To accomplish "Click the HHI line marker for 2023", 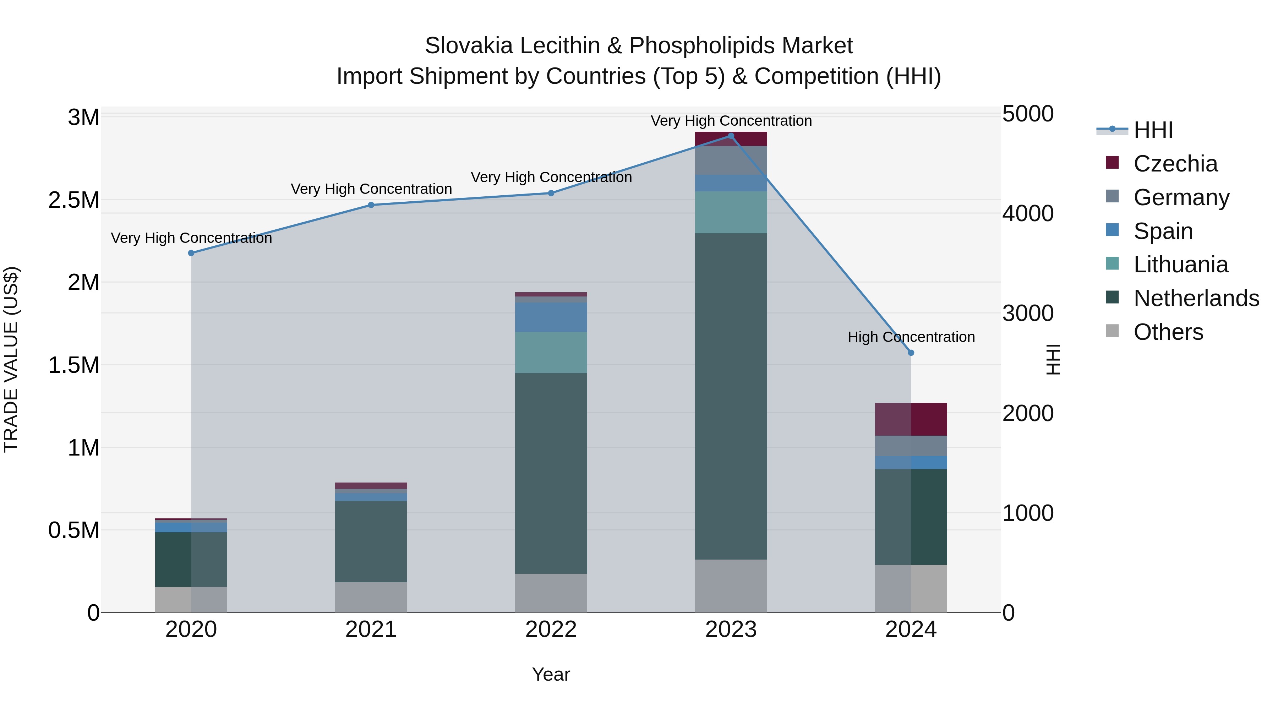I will (731, 136).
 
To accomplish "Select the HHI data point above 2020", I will (191, 253).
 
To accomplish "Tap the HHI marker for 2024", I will (911, 353).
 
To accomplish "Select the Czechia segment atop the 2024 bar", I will (911, 419).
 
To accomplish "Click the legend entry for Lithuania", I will (1180, 265).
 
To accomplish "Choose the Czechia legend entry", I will (1175, 164).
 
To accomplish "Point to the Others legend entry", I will (1168, 332).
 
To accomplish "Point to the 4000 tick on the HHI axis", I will (1027, 214).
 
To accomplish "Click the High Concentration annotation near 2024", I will (911, 337).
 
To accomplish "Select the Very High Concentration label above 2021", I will (371, 189).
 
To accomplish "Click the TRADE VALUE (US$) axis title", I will (11, 359).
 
